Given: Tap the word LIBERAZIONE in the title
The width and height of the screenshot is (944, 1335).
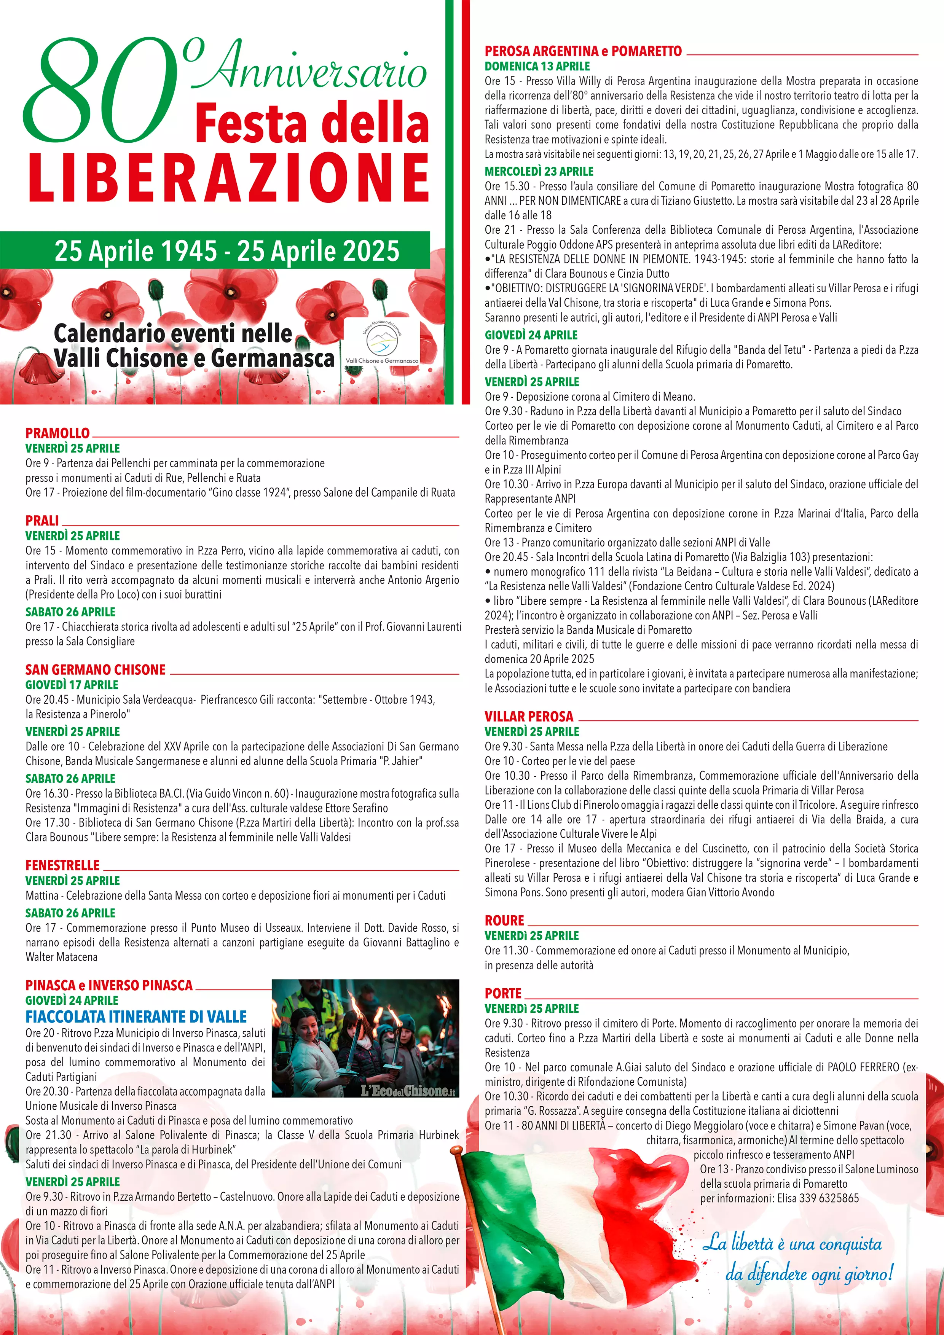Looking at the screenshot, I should [x=229, y=178].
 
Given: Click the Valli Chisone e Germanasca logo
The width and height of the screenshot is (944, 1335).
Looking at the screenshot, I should [x=381, y=343].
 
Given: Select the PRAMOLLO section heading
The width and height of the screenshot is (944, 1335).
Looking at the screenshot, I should [x=57, y=433].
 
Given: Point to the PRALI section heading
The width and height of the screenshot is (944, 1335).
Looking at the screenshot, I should [x=42, y=520].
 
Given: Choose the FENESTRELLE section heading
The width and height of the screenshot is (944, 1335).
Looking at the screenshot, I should [x=62, y=865].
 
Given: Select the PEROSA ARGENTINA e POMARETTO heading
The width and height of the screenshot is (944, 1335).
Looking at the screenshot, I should [x=583, y=51].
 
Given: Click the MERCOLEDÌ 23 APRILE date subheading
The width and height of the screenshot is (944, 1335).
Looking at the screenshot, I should [x=539, y=172].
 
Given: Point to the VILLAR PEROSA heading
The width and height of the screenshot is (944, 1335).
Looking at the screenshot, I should [x=529, y=716].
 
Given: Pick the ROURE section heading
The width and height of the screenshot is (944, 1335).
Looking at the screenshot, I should [x=504, y=921].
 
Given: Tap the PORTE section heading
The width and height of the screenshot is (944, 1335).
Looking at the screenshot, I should [x=503, y=993].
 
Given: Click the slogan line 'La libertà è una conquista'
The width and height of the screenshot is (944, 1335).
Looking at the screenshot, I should [x=792, y=1244].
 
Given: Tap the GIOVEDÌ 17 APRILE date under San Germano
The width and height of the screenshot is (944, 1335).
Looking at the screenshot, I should [x=72, y=685].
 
